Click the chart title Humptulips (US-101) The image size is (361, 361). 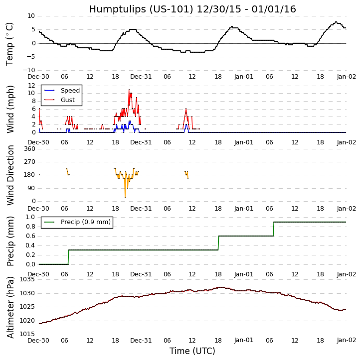(x=192, y=9)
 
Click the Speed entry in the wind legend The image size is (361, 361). (x=70, y=91)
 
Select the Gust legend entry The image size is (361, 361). (x=67, y=100)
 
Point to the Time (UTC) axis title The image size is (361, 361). (x=192, y=351)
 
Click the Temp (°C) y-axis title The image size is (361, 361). (x=10, y=43)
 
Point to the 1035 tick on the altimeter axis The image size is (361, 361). (x=27, y=279)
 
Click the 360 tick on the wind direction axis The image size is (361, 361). (x=29, y=149)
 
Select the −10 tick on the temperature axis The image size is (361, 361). (x=27, y=70)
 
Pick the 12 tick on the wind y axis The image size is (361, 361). (x=31, y=85)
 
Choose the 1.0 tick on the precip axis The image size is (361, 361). (x=29, y=217)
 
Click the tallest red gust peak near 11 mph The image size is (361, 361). (x=129, y=90)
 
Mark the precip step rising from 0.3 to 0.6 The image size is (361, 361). (x=218, y=243)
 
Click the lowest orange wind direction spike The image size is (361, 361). (x=125, y=198)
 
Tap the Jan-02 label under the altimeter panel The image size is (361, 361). (x=346, y=340)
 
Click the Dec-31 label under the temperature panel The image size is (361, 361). (x=141, y=76)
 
